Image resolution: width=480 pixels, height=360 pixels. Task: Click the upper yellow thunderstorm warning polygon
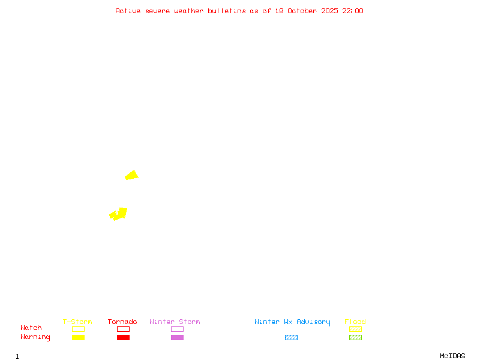(x=131, y=175)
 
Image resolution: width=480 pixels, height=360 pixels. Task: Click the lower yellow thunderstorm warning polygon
(x=119, y=214)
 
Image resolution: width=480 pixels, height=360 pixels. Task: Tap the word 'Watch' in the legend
(x=31, y=328)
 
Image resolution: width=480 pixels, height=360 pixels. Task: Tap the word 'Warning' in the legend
(x=35, y=337)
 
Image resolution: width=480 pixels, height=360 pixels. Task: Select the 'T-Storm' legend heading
(x=77, y=322)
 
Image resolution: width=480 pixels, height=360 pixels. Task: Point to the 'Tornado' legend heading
(x=122, y=322)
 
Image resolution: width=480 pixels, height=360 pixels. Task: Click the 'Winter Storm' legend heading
(x=175, y=322)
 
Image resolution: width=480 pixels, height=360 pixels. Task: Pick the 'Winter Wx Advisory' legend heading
(x=292, y=322)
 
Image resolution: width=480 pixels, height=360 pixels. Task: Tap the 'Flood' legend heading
(x=355, y=322)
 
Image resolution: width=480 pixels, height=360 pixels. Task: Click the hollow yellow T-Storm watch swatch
(x=78, y=329)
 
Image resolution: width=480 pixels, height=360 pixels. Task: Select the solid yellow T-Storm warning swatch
(x=78, y=337)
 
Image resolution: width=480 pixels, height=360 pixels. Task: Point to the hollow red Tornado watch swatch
(x=123, y=329)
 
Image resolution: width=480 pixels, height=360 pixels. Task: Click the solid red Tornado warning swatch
(x=123, y=337)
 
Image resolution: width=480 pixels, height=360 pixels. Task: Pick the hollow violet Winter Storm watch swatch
(x=177, y=329)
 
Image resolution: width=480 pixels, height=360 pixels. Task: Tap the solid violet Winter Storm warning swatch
(x=177, y=337)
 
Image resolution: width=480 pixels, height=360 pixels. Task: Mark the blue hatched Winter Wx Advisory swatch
(x=291, y=337)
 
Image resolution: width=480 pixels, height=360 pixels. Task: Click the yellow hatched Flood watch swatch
(x=355, y=329)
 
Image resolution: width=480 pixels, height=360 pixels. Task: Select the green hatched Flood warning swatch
(x=355, y=337)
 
